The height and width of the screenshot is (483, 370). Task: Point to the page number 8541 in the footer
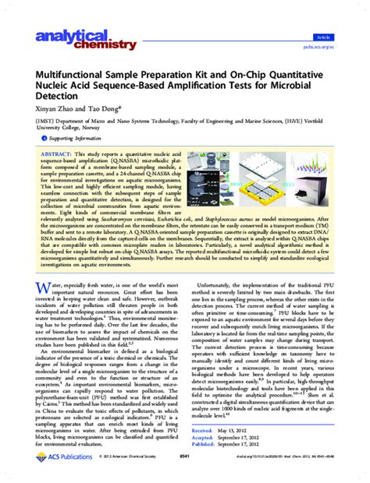click(x=185, y=476)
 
